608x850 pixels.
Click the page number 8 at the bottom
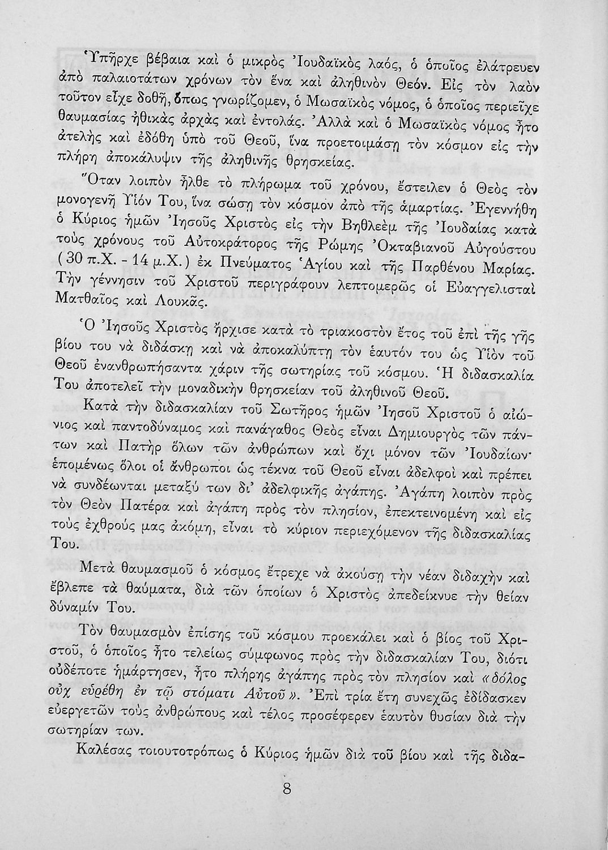click(x=286, y=788)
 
